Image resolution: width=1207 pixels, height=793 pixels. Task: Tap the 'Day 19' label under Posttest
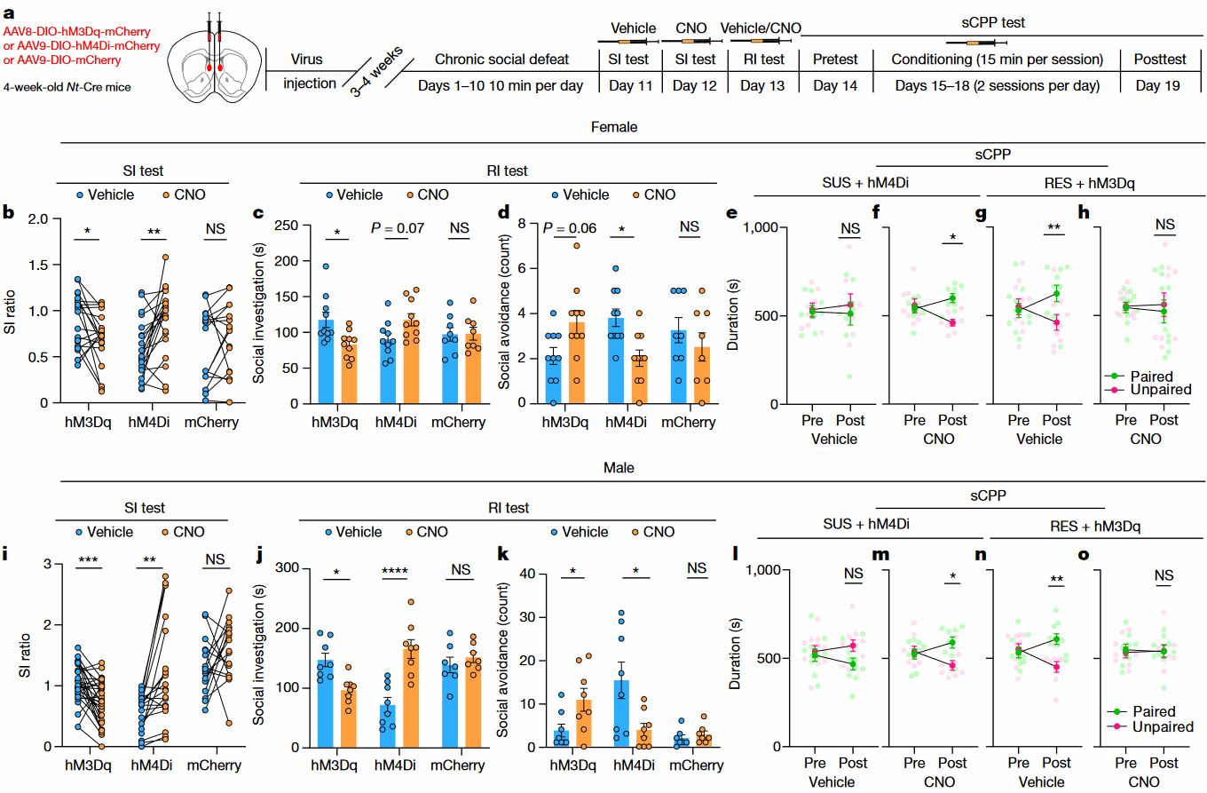click(1161, 85)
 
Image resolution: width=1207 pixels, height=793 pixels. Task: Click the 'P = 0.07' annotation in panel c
click(398, 227)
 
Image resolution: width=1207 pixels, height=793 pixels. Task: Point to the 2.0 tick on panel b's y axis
click(37, 218)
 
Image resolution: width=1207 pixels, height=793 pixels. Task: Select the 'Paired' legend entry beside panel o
click(1151, 711)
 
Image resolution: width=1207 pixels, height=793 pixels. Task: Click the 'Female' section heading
click(615, 127)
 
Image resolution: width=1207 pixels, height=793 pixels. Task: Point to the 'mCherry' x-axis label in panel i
click(211, 765)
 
